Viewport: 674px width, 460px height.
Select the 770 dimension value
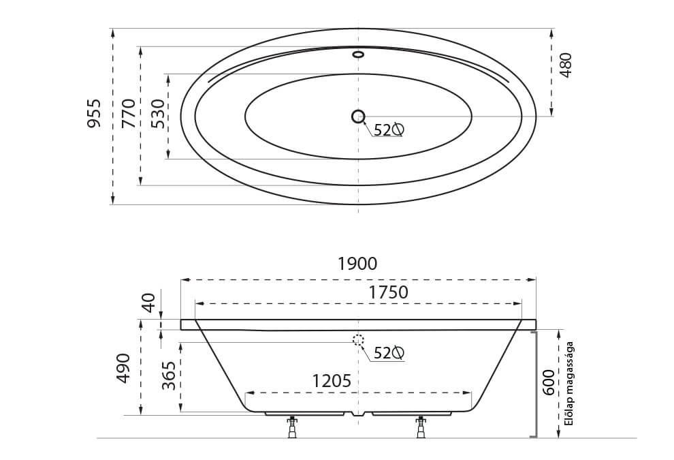click(x=128, y=113)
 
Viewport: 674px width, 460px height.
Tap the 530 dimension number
click(x=157, y=114)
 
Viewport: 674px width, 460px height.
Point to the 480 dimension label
click(x=565, y=65)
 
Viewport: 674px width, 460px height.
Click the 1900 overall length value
click(x=357, y=264)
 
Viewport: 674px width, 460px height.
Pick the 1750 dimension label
click(x=389, y=292)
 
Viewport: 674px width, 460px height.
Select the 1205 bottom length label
click(x=332, y=381)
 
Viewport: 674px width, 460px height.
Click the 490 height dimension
click(x=123, y=368)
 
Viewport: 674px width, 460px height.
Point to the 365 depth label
click(x=170, y=376)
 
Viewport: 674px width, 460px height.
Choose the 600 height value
click(x=548, y=384)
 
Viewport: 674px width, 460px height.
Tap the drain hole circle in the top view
click(x=358, y=117)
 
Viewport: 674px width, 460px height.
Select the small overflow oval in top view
click(x=358, y=55)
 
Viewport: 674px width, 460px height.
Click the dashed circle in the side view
click(x=358, y=340)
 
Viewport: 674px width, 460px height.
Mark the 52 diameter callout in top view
click(x=389, y=129)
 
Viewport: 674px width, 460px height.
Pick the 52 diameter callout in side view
click(x=389, y=353)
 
